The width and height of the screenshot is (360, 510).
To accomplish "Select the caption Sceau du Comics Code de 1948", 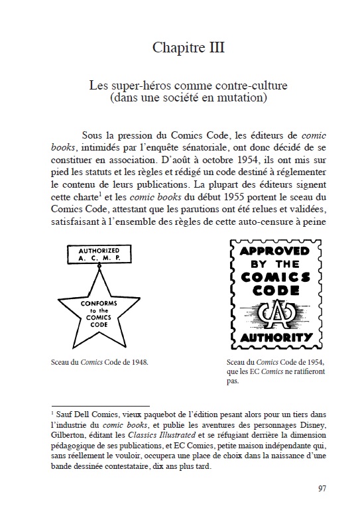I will click(x=98, y=363).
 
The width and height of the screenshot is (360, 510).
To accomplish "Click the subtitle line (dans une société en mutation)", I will click(x=180, y=99).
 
